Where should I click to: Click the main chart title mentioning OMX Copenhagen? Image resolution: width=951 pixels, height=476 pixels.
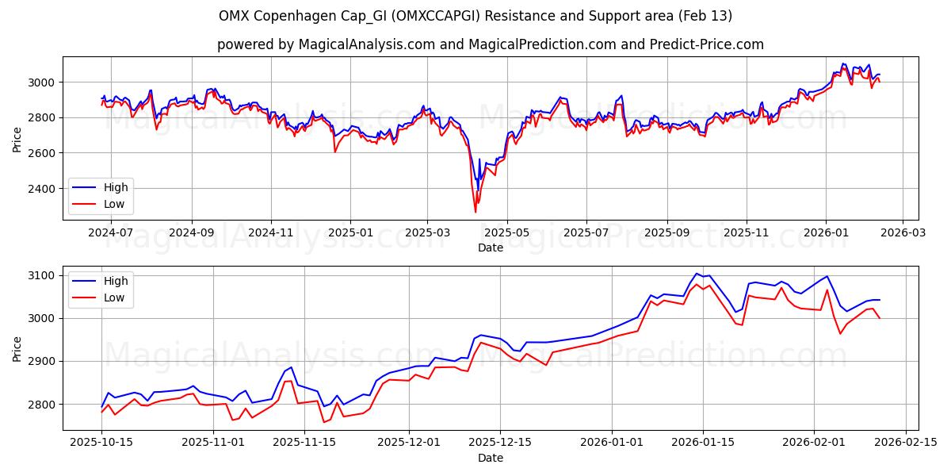475,16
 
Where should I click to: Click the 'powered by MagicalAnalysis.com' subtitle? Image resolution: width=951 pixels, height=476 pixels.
491,44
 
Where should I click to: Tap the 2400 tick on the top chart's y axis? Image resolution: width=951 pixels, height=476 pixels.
43,188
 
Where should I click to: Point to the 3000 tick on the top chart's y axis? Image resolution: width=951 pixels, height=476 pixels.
43,82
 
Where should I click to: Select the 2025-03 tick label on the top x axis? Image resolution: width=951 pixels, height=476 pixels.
427,233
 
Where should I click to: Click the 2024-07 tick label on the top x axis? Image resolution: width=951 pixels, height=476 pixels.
111,233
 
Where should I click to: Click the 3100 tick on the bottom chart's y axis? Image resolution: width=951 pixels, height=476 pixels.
43,275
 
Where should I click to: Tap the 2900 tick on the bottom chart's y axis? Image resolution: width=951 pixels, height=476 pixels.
43,361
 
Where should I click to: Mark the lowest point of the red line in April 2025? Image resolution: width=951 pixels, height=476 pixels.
475,212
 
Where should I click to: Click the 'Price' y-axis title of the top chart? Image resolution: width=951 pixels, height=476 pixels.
17,138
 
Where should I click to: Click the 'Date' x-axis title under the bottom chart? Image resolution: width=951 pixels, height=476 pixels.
491,458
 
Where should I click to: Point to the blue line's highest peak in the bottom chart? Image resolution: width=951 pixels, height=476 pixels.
697,274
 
